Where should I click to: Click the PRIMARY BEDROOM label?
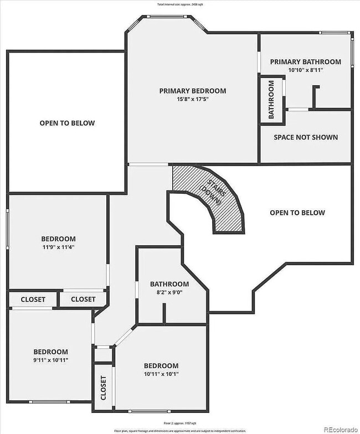(192, 91)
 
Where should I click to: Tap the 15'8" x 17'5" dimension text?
(192, 100)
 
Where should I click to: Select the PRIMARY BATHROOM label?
(305, 61)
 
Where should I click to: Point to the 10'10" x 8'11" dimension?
(305, 70)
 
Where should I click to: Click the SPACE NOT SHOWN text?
(305, 137)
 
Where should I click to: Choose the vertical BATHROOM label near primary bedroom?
(271, 100)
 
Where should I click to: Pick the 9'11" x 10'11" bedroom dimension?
(50, 360)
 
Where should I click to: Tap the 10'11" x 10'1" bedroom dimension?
(161, 374)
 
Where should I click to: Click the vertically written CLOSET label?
(103, 389)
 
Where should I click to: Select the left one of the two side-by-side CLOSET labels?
(33, 299)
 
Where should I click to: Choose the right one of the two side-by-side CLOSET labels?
(83, 299)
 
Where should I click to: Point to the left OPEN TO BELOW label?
(67, 123)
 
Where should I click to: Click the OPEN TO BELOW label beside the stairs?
(297, 213)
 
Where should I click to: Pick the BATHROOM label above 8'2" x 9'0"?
(169, 284)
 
